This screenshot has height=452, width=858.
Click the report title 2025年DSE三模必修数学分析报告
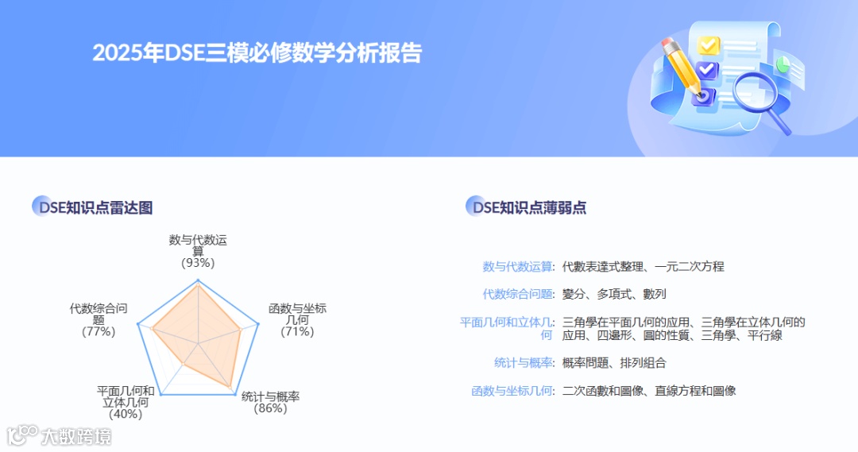click(x=257, y=53)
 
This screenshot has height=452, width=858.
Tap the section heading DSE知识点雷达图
click(x=93, y=208)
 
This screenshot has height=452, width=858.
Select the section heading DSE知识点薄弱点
click(x=528, y=208)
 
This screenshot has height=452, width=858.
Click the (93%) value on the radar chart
click(x=198, y=262)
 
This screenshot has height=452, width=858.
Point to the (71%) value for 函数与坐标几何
click(x=297, y=331)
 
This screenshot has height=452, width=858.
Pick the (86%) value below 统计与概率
click(x=270, y=408)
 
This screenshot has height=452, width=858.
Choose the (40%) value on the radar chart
click(x=126, y=413)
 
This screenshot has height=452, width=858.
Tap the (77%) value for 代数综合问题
click(x=99, y=331)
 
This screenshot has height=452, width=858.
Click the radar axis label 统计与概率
click(x=270, y=396)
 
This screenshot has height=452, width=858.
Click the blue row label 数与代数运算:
click(x=519, y=267)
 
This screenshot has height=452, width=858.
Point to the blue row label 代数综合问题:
click(x=519, y=294)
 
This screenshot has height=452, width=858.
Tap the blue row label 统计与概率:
click(x=524, y=363)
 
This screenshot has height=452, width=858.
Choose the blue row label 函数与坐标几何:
click(x=513, y=391)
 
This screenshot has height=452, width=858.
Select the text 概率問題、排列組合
click(x=614, y=363)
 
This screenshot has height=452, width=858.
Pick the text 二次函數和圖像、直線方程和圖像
click(x=649, y=391)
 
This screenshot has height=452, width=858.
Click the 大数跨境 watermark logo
click(x=59, y=435)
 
